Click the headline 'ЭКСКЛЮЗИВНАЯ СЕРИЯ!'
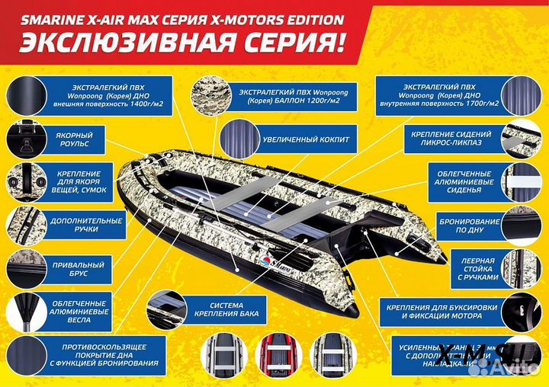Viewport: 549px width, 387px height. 181,43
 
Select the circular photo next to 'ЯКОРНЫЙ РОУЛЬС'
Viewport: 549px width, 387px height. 26,139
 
